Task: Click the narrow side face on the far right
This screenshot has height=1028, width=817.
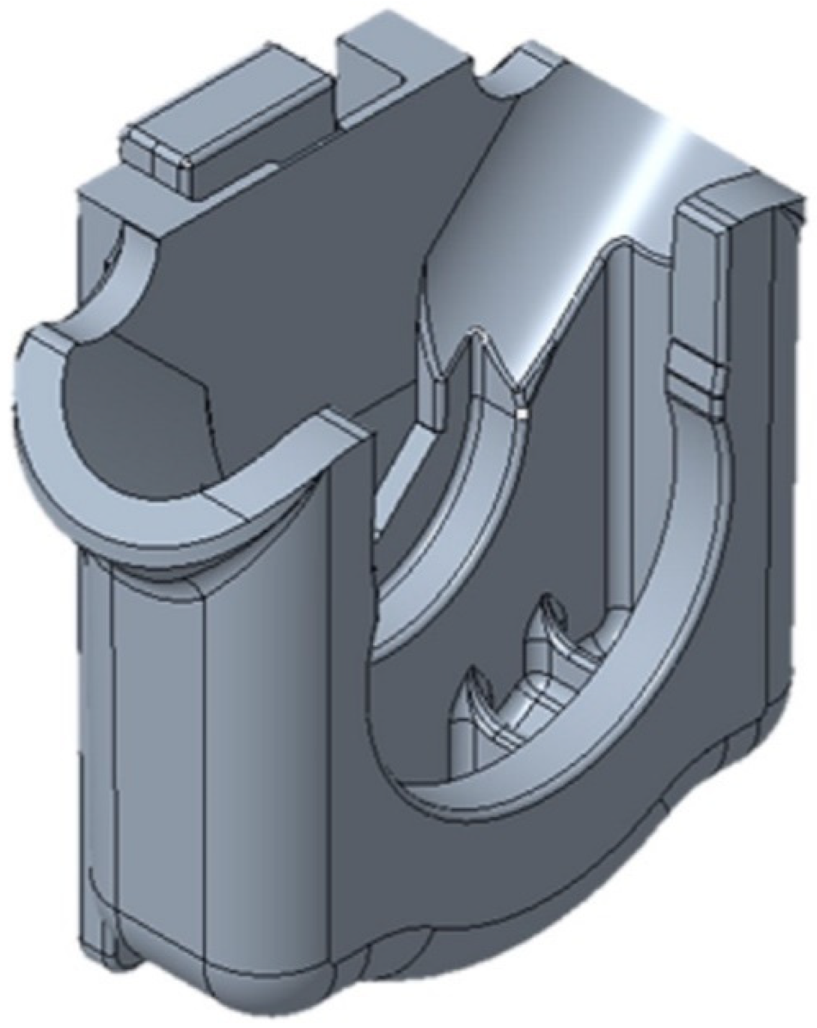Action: pos(786,480)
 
